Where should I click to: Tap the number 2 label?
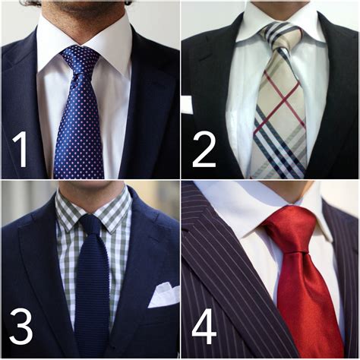204,150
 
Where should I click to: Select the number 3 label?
21,327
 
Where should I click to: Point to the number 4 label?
204,327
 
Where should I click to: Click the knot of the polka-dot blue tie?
81,58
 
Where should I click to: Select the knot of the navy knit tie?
90,225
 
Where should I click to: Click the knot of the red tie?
289,226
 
